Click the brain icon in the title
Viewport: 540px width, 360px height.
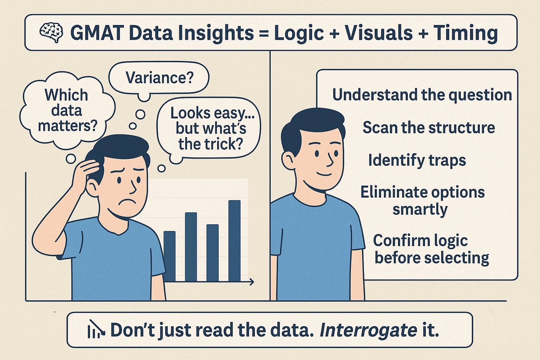pos(51,32)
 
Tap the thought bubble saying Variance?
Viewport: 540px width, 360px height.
pos(159,77)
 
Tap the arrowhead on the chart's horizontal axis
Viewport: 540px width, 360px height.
pos(251,282)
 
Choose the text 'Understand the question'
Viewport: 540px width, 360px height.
pos(422,95)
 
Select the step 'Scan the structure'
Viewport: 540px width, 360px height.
pos(429,127)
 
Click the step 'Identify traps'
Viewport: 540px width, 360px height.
pos(417,160)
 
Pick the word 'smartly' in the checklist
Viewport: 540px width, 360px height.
pos(420,210)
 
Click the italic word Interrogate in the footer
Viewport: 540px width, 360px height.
pos(368,330)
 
